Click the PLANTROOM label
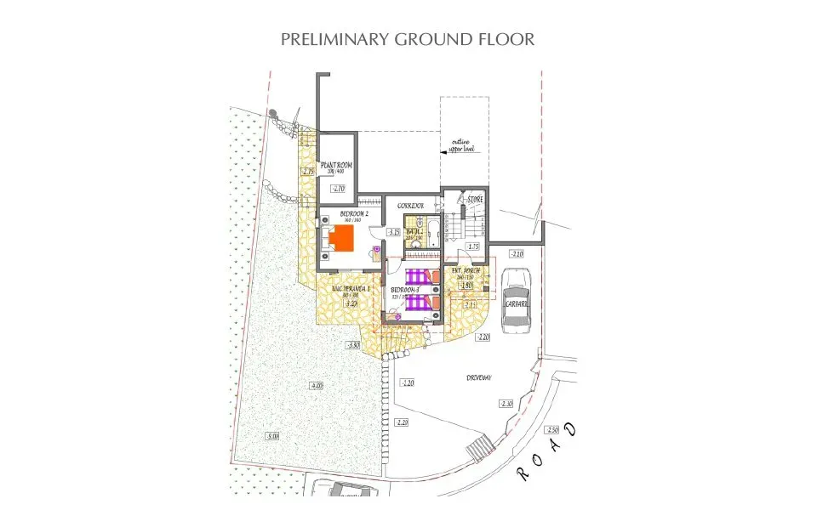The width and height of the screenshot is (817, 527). pyautogui.click(x=336, y=166)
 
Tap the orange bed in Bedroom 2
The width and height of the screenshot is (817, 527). pyautogui.click(x=342, y=238)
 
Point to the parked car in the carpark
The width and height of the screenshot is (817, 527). pyautogui.click(x=517, y=300)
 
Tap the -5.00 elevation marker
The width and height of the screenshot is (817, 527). pyautogui.click(x=271, y=436)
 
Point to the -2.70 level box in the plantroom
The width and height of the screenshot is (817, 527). pyautogui.click(x=338, y=189)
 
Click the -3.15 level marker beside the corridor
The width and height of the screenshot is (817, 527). pyautogui.click(x=393, y=232)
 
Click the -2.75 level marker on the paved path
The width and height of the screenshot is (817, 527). pyautogui.click(x=308, y=172)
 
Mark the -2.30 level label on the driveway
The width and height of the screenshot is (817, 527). pyautogui.click(x=507, y=404)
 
